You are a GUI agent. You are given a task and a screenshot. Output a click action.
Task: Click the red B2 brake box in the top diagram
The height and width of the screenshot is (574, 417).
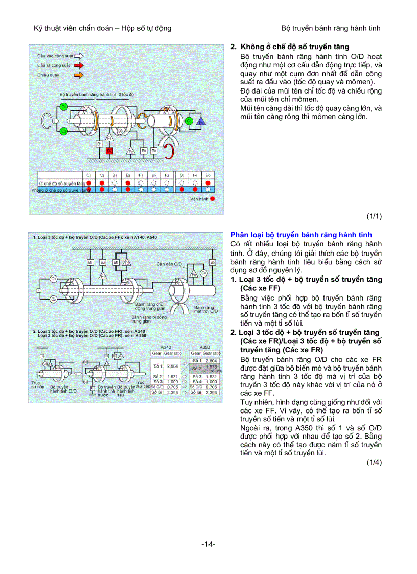109,151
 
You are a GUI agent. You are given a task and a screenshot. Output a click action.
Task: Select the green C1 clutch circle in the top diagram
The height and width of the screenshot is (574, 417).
63,106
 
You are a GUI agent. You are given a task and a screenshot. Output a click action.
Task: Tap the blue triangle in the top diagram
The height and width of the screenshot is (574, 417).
201,120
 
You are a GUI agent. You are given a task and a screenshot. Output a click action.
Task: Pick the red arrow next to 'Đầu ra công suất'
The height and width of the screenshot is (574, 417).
79,65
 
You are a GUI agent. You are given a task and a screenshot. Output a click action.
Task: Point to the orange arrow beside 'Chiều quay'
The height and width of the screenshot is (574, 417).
79,75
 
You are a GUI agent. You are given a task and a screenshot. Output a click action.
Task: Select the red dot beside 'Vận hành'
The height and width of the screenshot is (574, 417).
212,198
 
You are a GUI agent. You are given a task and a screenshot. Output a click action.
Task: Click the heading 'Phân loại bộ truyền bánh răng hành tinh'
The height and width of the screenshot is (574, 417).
301,235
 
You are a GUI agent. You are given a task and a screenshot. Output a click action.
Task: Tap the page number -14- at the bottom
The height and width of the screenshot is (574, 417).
208,544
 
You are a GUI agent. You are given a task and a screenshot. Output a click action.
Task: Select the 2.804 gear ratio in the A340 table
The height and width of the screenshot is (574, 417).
172,366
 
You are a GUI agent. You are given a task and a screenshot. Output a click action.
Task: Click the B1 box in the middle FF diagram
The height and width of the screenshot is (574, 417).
90,262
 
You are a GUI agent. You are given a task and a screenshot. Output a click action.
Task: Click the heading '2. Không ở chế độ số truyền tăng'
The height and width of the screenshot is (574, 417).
290,47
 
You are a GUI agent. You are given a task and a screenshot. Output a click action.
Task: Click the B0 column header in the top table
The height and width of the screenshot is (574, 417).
208,175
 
